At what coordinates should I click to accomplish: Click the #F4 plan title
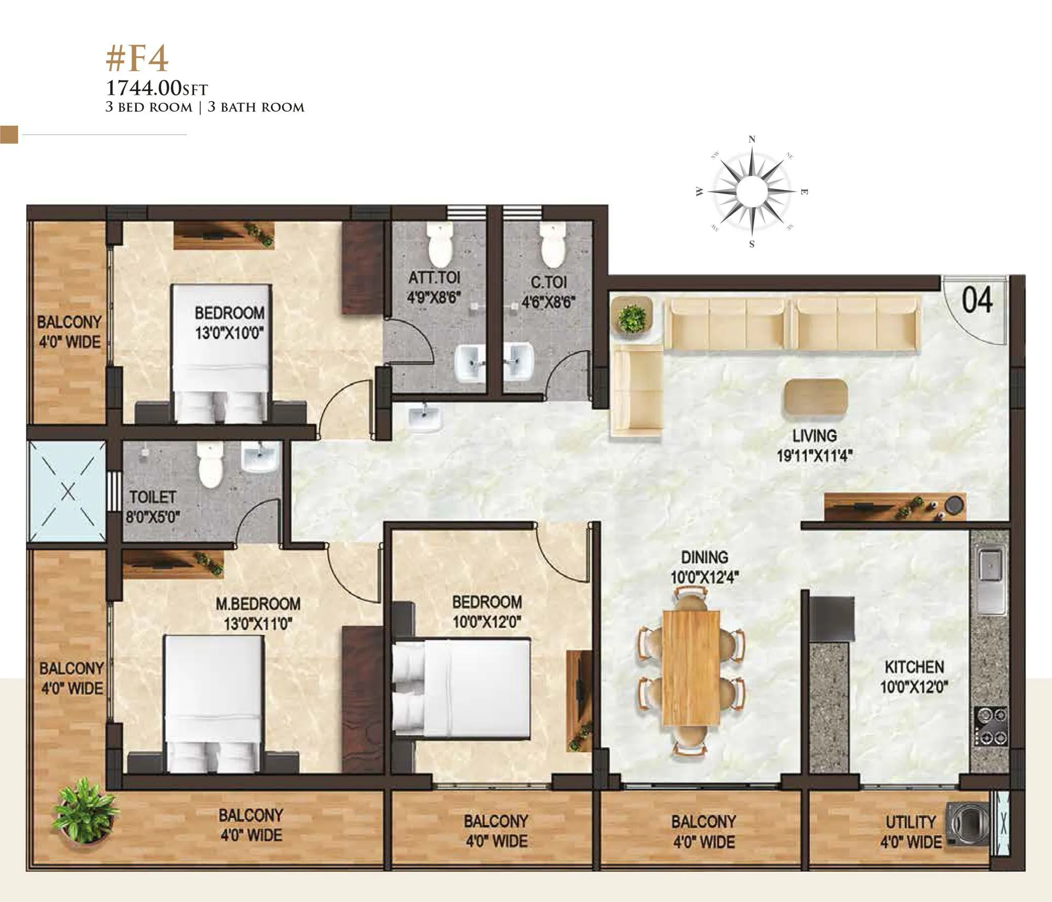tap(137, 60)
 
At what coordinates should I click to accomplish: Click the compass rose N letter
tap(752, 139)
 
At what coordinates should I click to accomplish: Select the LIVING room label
tap(814, 436)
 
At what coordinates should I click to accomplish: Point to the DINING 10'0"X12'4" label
tap(704, 567)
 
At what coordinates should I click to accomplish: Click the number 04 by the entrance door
tap(977, 300)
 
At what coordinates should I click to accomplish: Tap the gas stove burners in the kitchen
tap(991, 726)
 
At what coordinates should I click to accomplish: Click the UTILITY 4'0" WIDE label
tap(911, 831)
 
